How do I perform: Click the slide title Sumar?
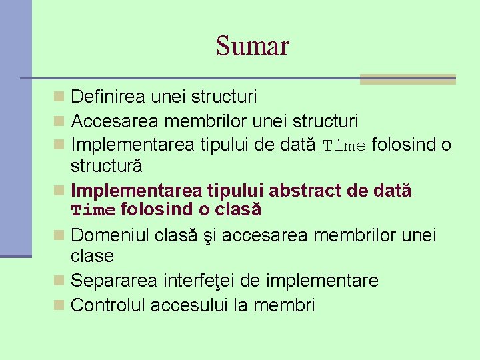coord(252,46)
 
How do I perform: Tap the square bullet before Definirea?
coord(60,97)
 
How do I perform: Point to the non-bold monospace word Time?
coord(345,146)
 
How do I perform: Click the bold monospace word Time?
coord(93,211)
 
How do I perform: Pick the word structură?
coord(107,165)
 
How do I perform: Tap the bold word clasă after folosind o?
coord(238,210)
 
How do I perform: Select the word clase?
coord(92,256)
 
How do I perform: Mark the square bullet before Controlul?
coord(60,305)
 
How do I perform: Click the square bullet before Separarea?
coord(60,281)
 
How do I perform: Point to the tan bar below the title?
coord(407,79)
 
